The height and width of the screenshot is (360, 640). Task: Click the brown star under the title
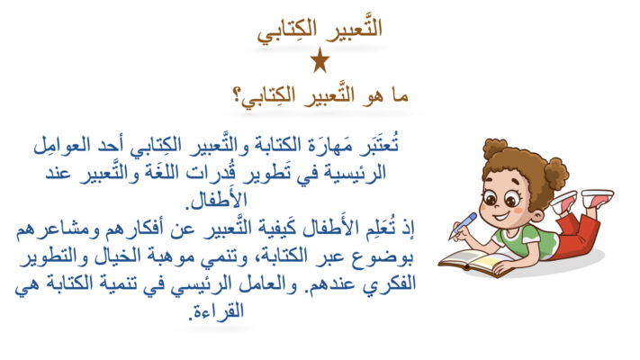[320, 60]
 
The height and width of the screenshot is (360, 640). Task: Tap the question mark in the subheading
[237, 96]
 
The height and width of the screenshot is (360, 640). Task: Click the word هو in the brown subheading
[372, 96]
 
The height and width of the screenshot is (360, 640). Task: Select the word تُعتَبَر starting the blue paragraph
[379, 145]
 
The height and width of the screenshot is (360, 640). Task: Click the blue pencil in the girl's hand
[463, 226]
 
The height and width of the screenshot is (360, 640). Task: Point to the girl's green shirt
[523, 242]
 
